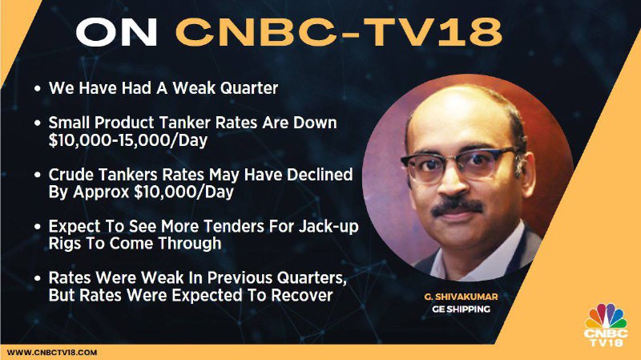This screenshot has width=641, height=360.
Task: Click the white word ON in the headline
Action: click(x=116, y=32)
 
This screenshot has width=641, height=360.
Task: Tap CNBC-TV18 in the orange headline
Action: click(x=339, y=32)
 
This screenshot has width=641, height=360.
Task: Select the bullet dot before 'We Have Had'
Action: click(x=38, y=88)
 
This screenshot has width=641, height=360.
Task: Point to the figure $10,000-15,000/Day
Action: click(x=128, y=140)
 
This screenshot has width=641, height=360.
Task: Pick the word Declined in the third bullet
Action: click(x=320, y=175)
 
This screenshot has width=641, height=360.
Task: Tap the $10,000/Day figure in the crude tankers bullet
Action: click(x=184, y=192)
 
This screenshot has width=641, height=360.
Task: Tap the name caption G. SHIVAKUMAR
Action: click(x=461, y=297)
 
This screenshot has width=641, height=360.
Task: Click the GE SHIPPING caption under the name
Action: click(x=461, y=309)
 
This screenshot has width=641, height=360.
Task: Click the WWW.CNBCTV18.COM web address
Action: click(x=52, y=353)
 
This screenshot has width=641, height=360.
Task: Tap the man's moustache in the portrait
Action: click(x=457, y=205)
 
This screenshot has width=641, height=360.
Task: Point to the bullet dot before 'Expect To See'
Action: click(x=38, y=227)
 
